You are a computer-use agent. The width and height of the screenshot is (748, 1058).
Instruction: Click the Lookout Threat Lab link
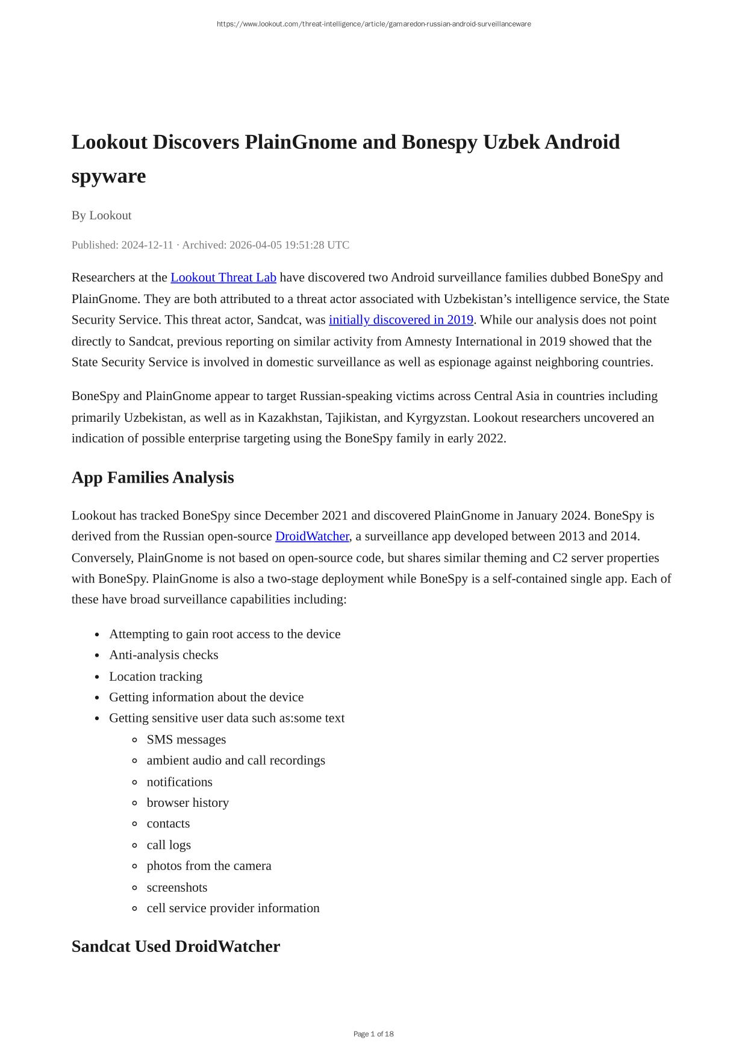(223, 277)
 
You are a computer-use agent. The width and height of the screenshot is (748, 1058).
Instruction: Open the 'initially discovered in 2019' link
(401, 319)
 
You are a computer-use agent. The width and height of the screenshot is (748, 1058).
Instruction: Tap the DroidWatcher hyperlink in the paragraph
(312, 536)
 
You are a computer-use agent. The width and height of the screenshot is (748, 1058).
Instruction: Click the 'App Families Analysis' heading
(152, 477)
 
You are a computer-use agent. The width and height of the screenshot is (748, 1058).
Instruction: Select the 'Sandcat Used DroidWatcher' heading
(175, 946)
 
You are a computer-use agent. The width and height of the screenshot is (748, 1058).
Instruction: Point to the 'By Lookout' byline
(101, 215)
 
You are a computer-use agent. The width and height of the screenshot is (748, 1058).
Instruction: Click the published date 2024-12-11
(147, 245)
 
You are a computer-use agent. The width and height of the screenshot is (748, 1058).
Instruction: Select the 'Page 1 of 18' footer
(373, 1034)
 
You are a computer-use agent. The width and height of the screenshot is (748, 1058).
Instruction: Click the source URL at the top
(373, 24)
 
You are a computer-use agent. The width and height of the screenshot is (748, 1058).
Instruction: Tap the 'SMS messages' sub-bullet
(186, 739)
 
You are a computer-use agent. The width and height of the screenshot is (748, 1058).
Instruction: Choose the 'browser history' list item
(187, 803)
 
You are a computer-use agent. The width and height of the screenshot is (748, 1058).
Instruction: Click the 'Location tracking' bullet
(155, 676)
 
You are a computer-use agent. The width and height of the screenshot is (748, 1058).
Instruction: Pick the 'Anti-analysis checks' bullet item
(163, 655)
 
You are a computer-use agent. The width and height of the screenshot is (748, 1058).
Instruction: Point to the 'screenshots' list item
(176, 887)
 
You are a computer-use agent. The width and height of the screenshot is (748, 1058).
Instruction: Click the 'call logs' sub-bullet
(169, 845)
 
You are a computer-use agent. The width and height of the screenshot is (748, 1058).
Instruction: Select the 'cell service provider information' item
(232, 908)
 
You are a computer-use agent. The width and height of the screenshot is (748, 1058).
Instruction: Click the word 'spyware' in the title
(108, 176)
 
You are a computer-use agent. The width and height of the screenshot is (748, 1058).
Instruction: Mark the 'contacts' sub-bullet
(168, 824)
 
